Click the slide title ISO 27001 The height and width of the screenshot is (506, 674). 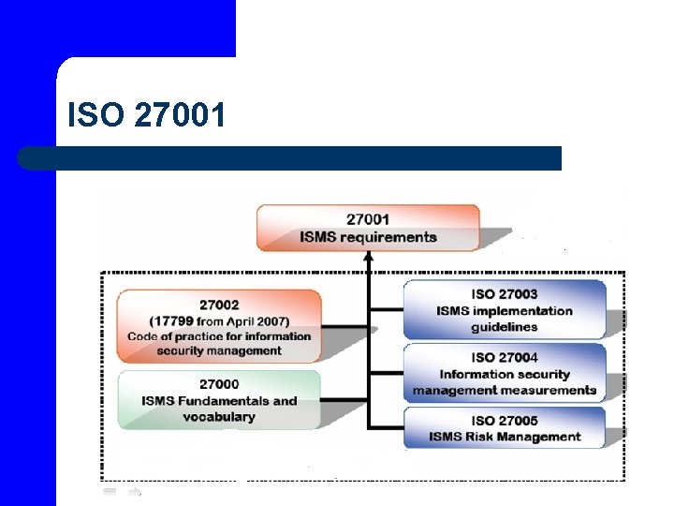[x=147, y=116]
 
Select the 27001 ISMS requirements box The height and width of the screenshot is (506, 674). [x=368, y=228]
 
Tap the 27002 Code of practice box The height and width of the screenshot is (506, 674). [x=219, y=326]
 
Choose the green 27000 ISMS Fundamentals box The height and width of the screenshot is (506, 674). [x=219, y=400]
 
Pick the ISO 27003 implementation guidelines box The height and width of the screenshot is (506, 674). [x=505, y=310]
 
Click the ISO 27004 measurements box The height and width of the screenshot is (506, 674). [x=505, y=373]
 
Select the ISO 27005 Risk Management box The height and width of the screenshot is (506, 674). [x=505, y=428]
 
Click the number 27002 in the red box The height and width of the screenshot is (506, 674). [x=219, y=305]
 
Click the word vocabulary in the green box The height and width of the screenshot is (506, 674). [x=219, y=417]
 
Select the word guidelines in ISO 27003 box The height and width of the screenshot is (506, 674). [x=505, y=327]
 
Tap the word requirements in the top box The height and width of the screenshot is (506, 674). [x=393, y=237]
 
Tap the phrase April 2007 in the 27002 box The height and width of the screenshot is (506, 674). [x=263, y=320]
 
